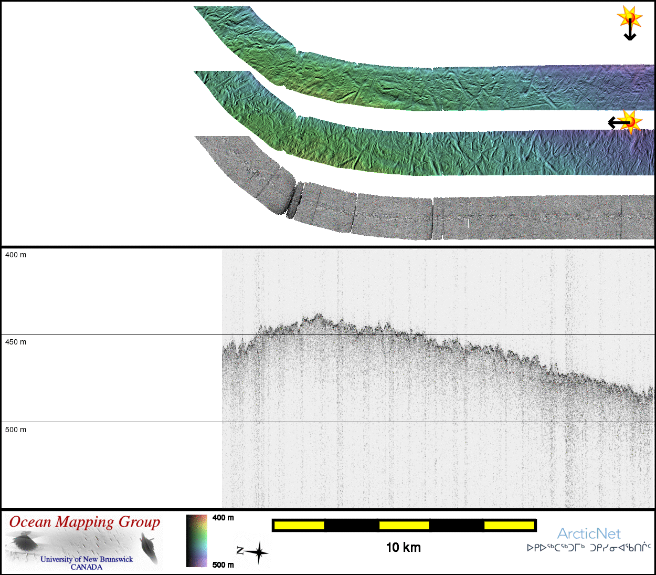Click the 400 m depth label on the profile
[x=16, y=255]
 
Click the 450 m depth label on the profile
[x=16, y=342]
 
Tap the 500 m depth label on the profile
[x=16, y=430]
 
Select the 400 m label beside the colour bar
[x=223, y=518]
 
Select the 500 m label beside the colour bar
[x=223, y=565]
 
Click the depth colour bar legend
[x=197, y=541]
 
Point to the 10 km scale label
[x=404, y=548]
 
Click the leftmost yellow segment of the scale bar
[x=299, y=526]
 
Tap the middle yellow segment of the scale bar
[x=404, y=526]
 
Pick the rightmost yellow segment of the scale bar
[x=509, y=526]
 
